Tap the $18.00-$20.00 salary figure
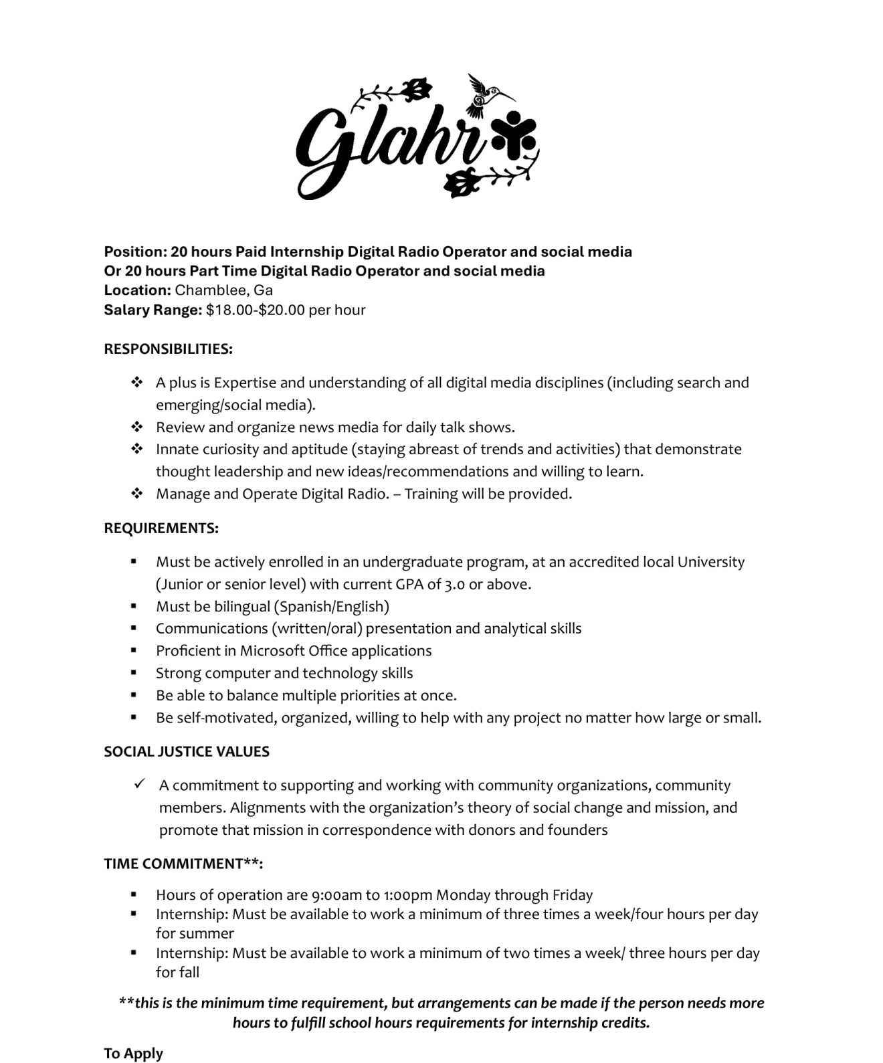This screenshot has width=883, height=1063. coord(255,310)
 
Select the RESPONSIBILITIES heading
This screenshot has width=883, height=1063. coord(168,349)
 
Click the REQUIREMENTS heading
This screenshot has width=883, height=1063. coord(161,528)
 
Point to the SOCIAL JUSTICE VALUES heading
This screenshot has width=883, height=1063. coord(187,752)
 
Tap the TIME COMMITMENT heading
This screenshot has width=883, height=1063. coord(183,864)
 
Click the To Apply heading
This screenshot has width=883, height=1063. coord(133,1054)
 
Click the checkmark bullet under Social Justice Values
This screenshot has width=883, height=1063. coord(140,784)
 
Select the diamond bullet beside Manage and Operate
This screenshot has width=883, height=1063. coord(137,494)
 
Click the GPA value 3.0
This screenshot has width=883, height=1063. coord(454,585)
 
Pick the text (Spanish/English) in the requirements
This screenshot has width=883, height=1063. coord(331,607)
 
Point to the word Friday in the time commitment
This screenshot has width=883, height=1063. coord(573,895)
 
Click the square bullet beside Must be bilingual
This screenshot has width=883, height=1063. coord(134,606)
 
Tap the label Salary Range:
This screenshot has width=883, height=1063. coord(153,310)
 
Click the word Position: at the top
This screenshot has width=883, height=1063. coord(135,252)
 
